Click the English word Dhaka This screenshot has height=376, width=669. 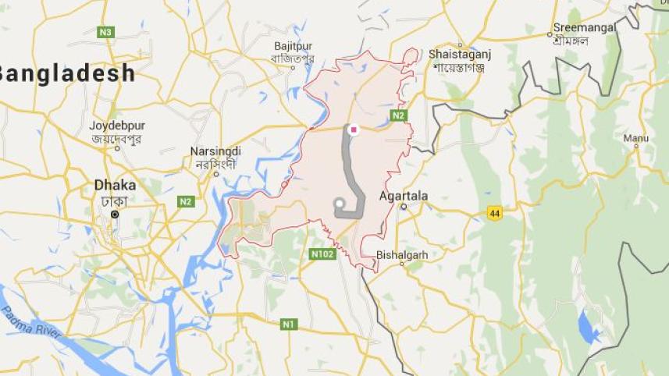pos(115,186)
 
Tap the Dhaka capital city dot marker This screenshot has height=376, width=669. pos(115,214)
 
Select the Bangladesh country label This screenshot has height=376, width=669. pos(67,74)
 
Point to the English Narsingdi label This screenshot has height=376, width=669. pos(215,151)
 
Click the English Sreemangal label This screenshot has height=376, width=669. pos(585,27)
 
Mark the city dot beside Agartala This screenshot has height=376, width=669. pos(404,207)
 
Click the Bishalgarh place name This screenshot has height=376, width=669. pos(402,254)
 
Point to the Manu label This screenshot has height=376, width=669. pos(635,138)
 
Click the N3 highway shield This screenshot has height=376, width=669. pos(105,32)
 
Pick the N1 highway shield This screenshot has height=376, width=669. pos(289,323)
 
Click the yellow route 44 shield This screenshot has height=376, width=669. pos(493,212)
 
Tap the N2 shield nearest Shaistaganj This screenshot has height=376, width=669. pos(399,115)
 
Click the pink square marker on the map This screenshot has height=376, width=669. pos(354,129)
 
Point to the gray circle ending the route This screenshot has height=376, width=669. pos(340,204)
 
